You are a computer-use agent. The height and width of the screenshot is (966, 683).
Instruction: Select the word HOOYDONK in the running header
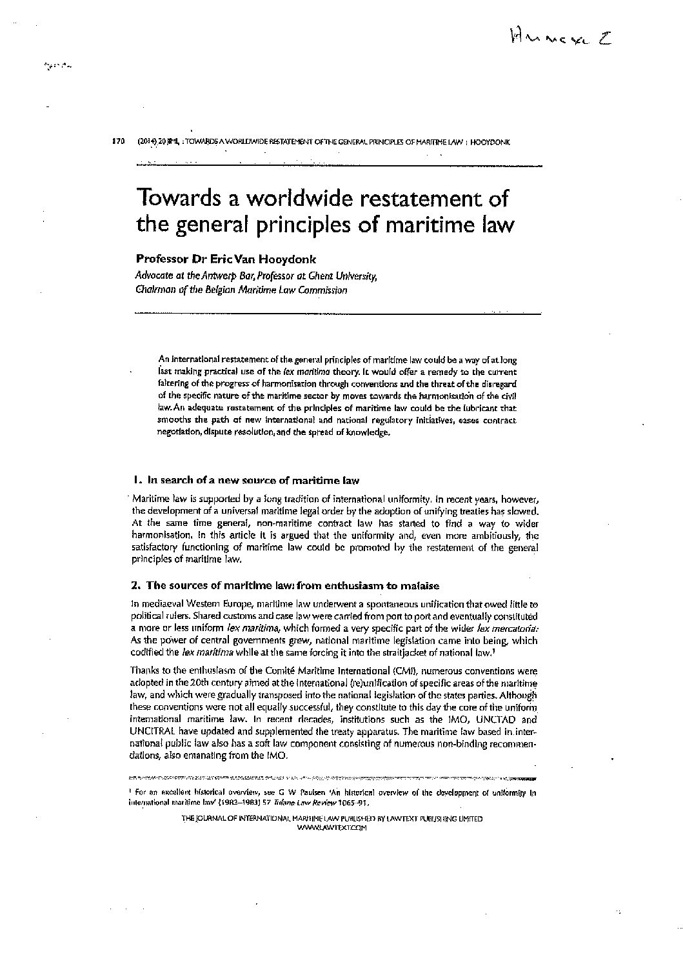point(491,142)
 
